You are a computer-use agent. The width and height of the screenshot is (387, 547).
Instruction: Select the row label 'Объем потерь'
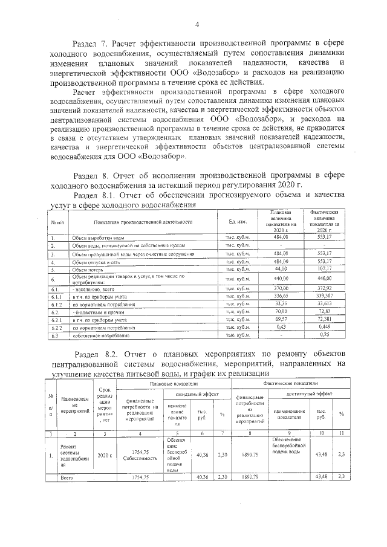88,269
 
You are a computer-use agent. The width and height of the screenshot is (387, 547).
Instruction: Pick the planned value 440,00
281,279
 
